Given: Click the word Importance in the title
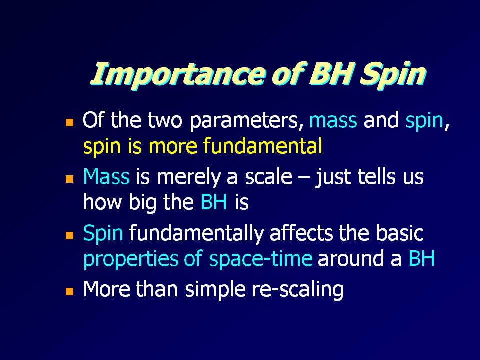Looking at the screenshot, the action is tap(177, 74).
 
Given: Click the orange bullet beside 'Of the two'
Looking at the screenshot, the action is tap(70, 123).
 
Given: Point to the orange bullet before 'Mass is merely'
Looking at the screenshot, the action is tap(70, 179).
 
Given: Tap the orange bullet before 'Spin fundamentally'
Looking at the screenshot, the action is tap(70, 235).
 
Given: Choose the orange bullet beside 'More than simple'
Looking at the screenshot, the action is tap(70, 291).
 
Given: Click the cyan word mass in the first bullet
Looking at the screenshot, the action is tap(333, 121).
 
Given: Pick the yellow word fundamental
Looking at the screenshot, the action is tap(263, 145).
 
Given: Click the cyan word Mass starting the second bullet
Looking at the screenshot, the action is tap(106, 176).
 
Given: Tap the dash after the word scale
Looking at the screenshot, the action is tap(303, 178).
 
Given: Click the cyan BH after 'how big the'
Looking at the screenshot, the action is tap(214, 202).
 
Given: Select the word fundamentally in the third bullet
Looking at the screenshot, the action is tap(196, 234).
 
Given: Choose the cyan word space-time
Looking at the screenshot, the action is tap(261, 259).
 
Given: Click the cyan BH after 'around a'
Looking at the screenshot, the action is tap(421, 258).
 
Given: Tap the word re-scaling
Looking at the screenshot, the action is tap(297, 290).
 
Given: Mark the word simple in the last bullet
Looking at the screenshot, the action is tap(215, 290).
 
